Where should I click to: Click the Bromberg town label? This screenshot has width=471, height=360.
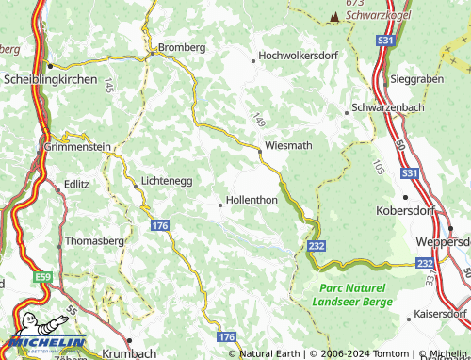tap(181, 47)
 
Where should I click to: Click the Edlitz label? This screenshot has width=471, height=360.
tap(76, 185)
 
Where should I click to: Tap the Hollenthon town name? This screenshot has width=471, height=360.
tap(252, 201)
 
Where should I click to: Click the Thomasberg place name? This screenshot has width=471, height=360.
tap(94, 240)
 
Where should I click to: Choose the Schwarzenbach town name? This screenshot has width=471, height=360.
tap(387, 109)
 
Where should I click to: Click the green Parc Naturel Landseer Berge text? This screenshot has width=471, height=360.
tap(351, 294)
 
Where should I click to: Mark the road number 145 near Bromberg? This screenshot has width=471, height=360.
tap(109, 86)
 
